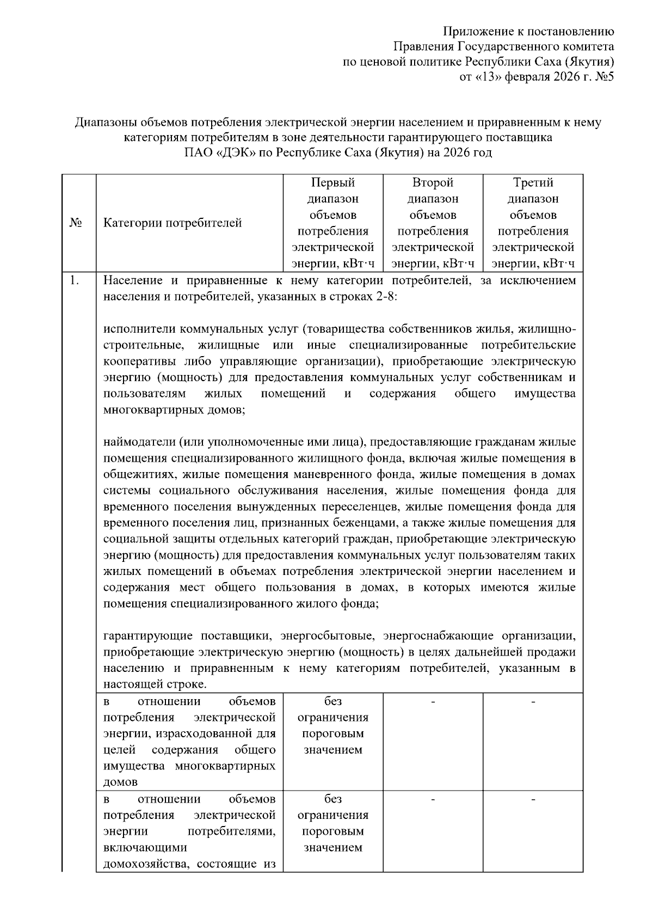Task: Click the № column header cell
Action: tap(76, 223)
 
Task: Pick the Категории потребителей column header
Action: tap(173, 223)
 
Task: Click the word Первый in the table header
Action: tap(332, 182)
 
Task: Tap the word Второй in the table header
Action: tap(433, 182)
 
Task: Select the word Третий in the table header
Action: tap(533, 182)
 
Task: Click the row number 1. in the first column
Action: tap(74, 281)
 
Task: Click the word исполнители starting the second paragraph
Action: tap(139, 329)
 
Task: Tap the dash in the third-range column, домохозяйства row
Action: tap(533, 800)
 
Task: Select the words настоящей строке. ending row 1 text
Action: tap(155, 684)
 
